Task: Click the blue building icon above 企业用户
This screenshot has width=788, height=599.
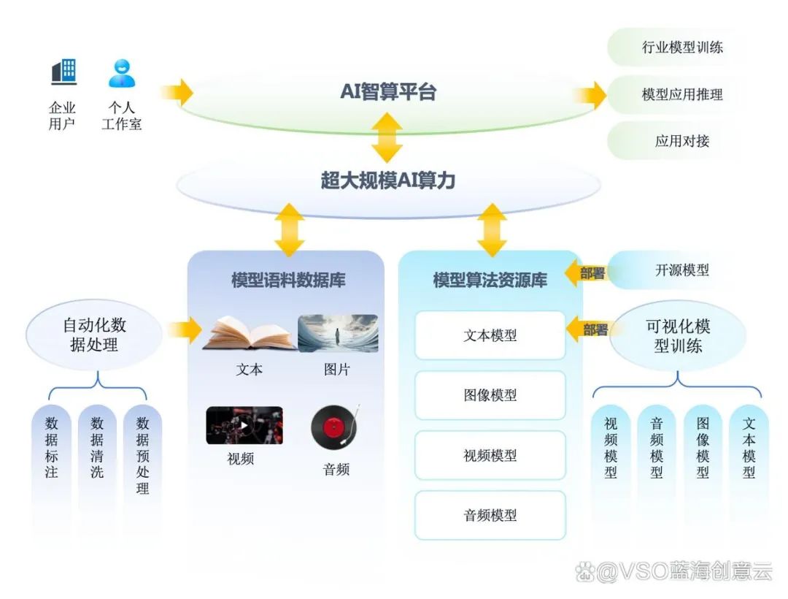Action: point(63,72)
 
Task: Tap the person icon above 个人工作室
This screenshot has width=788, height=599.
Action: point(122,73)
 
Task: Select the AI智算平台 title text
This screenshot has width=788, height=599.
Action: point(388,92)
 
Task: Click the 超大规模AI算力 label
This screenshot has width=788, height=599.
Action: point(388,180)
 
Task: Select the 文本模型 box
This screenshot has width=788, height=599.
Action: point(490,335)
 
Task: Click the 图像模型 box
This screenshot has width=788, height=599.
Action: point(490,395)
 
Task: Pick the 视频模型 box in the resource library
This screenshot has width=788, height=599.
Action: point(490,455)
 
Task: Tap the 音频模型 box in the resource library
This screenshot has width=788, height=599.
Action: point(490,515)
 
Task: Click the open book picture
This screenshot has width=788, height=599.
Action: point(248,334)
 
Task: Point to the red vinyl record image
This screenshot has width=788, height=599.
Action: point(335,427)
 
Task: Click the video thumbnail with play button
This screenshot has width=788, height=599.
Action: point(244,426)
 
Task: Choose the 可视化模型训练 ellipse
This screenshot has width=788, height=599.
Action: point(677,336)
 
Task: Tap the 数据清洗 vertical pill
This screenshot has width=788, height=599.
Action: point(97,447)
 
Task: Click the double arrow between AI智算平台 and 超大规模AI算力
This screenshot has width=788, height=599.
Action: point(387,137)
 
